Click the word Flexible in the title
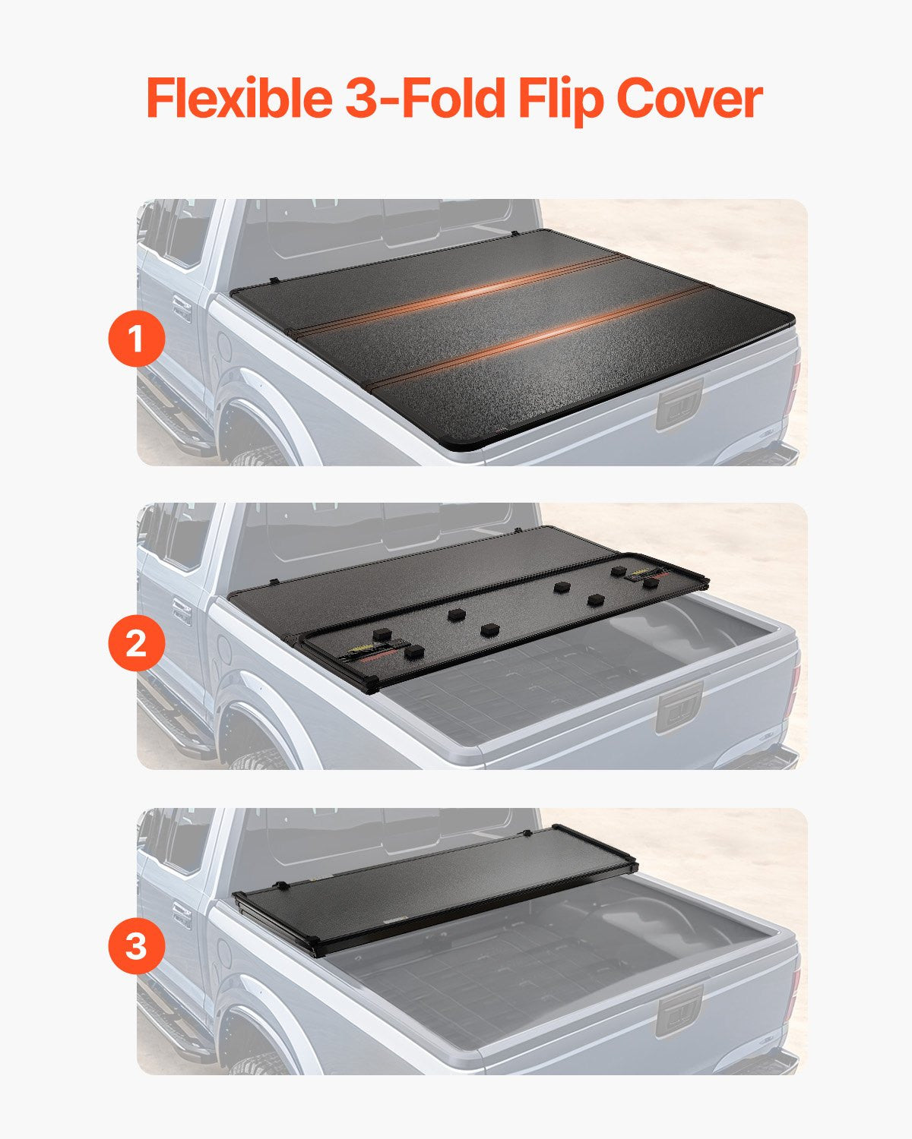[x=238, y=99]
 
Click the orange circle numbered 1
[x=137, y=339]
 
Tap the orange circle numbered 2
[x=137, y=643]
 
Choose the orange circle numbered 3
[x=137, y=947]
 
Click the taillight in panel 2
[x=795, y=687]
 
